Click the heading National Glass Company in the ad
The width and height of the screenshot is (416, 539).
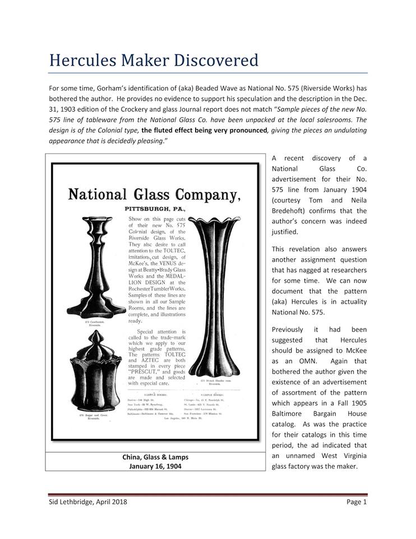154,195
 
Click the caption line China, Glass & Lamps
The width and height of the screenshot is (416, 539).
155,457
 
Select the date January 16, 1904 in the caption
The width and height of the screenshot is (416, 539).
155,466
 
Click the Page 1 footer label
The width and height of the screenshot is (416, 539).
356,501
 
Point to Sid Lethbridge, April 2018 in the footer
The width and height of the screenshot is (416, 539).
87,501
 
